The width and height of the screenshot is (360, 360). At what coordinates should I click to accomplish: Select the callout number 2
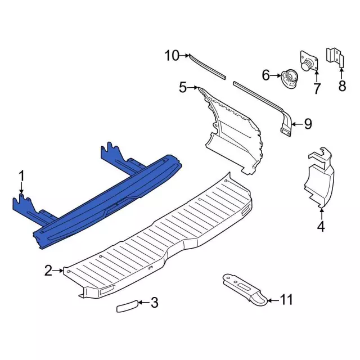pos(48,272)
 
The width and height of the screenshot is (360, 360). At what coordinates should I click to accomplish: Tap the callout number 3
pos(154,303)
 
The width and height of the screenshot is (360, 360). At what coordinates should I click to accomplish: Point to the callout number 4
pos(321,227)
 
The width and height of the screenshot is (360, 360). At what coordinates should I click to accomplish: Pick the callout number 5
pos(183,87)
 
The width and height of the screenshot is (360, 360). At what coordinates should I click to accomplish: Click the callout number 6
pos(266,75)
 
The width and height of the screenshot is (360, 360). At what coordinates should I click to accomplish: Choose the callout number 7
pos(316,88)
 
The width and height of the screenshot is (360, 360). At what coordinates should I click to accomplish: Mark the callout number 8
pos(341,85)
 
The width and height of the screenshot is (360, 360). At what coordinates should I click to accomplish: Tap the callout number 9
pos(308,124)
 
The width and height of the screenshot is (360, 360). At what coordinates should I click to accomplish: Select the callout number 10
pos(172,55)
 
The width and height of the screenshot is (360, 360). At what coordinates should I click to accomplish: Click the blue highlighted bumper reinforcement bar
pos(107,200)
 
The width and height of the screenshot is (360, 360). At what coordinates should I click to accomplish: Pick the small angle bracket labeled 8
pos(335,57)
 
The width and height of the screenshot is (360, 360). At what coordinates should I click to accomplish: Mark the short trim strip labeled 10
pos(207,65)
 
